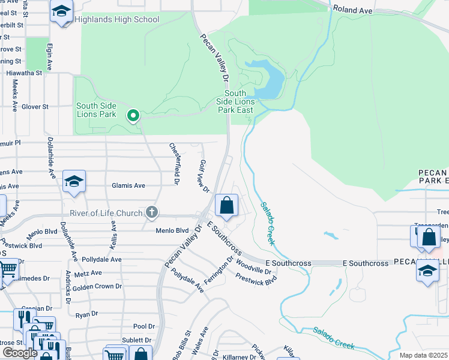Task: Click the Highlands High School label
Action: (117, 19)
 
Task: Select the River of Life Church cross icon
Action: (152, 212)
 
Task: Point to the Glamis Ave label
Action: (128, 186)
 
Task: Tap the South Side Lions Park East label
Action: (235, 101)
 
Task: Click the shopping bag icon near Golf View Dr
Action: (226, 206)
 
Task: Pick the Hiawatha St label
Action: (24, 73)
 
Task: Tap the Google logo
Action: (20, 353)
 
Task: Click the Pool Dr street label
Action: (144, 326)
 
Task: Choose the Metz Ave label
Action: (89, 273)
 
